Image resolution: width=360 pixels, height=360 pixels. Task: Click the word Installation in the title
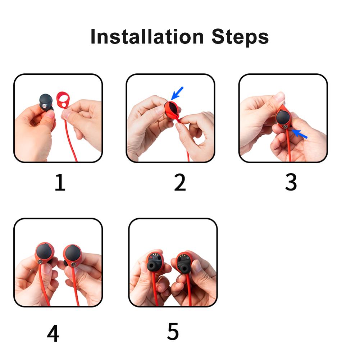pos(147,37)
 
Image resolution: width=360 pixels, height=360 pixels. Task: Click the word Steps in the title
pos(240,37)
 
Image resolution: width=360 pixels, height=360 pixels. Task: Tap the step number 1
pos(60,182)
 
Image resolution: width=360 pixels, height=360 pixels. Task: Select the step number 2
pos(180,182)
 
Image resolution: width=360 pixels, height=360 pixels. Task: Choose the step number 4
pos(53,333)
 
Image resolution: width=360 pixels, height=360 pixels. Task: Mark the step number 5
pos(173,331)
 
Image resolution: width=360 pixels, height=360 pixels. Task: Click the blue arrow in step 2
pos(177,93)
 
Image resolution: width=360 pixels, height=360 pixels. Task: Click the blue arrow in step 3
pos(299,134)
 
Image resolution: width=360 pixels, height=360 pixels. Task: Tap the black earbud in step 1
pos(46,102)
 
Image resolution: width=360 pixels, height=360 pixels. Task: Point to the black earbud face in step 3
pos(284,117)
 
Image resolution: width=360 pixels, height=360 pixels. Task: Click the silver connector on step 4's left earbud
pos(40,261)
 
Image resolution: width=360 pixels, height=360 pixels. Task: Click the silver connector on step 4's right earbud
pos(73,264)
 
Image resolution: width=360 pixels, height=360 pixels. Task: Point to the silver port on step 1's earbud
pos(44,106)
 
